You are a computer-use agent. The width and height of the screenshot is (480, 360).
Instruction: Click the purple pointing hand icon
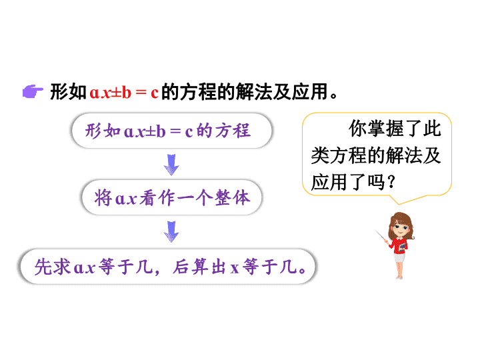point(33,91)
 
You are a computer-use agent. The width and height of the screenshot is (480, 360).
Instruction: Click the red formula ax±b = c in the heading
point(124,93)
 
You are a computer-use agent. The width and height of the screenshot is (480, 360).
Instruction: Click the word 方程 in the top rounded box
point(233,131)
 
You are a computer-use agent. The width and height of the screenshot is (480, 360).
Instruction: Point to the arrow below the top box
point(171,165)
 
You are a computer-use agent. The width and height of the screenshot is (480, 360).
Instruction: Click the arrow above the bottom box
point(171,231)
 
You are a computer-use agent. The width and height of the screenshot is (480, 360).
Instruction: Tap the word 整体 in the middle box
point(233,197)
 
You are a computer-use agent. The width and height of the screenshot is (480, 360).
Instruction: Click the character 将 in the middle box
point(103,197)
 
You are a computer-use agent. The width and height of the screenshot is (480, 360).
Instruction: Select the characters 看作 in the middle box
point(157,198)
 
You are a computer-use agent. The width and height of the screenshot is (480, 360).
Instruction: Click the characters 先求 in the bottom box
point(53,267)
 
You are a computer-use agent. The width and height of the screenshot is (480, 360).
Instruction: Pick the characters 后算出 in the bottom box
point(199,267)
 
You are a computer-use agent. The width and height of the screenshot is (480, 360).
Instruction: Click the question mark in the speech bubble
point(391,182)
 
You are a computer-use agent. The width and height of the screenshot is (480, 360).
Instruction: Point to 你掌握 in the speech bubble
point(376,128)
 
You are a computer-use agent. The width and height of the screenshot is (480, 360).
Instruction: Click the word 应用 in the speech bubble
point(329,182)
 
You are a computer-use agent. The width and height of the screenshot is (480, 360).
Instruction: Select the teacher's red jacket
point(399,245)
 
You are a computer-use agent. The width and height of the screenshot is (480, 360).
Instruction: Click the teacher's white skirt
point(399,257)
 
